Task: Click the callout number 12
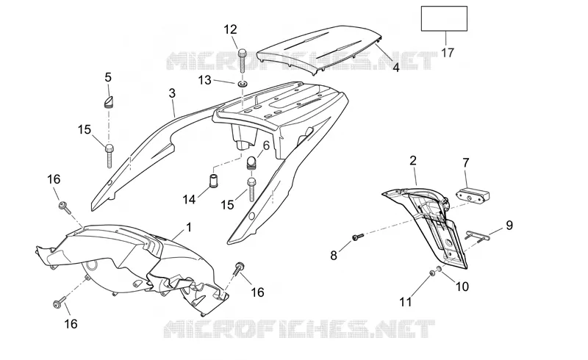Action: pyautogui.click(x=231, y=29)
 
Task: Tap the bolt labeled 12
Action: pyautogui.click(x=243, y=60)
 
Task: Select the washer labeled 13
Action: pyautogui.click(x=243, y=83)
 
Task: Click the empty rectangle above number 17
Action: pyautogui.click(x=444, y=18)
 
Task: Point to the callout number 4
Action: pyautogui.click(x=396, y=68)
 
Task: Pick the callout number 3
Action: pyautogui.click(x=172, y=93)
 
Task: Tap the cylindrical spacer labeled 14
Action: pyautogui.click(x=214, y=182)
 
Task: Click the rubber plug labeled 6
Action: pyautogui.click(x=251, y=162)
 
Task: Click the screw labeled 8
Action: pyautogui.click(x=358, y=237)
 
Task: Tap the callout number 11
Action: pyautogui.click(x=406, y=301)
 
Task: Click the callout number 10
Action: pyautogui.click(x=462, y=287)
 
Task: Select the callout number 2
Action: pyautogui.click(x=413, y=160)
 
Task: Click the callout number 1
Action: pyautogui.click(x=189, y=227)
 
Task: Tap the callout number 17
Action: pyautogui.click(x=448, y=52)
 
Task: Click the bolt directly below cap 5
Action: pyautogui.click(x=109, y=155)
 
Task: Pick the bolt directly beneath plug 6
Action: pyautogui.click(x=251, y=190)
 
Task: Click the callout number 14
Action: pyautogui.click(x=189, y=200)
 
